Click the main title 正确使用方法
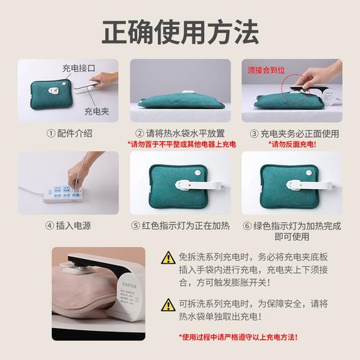pos(180,31)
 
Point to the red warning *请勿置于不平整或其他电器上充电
pos(179,145)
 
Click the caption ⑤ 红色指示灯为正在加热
pos(179,225)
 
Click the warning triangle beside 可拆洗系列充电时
pos(168,305)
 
